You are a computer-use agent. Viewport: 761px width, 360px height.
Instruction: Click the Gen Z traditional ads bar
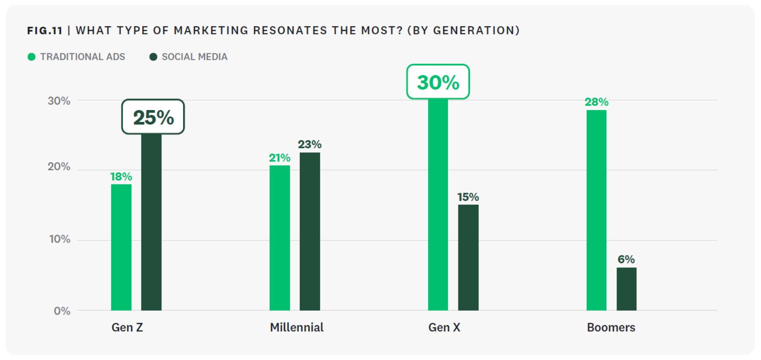point(121,247)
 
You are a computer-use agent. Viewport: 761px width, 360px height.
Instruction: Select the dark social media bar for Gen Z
point(151,222)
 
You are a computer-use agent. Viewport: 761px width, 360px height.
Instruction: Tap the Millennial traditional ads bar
point(279,238)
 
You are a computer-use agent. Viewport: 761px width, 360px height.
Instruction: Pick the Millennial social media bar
point(310,231)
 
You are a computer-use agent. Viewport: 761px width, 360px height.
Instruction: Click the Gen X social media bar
point(468,257)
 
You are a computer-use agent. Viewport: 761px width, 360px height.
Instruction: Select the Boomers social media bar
point(626,289)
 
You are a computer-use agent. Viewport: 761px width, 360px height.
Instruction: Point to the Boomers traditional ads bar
point(596,210)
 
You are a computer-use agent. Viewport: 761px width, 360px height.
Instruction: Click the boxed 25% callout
point(153,117)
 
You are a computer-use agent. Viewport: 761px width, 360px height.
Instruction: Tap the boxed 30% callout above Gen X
point(438,82)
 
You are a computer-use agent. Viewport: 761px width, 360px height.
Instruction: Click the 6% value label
point(626,259)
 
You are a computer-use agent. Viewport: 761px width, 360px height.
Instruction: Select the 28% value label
point(596,102)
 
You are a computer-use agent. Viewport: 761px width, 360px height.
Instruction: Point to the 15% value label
point(468,197)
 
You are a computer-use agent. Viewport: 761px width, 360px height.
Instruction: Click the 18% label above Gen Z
point(121,177)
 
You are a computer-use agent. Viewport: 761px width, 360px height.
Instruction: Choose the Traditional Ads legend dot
point(31,57)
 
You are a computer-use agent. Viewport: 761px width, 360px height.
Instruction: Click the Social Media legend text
point(194,57)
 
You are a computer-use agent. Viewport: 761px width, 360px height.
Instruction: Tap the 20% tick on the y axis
point(59,167)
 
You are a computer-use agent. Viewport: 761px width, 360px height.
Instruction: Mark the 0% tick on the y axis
point(62,311)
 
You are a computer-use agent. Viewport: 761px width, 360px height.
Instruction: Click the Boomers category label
point(611,328)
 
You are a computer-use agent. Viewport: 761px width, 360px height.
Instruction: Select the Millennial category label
point(297,328)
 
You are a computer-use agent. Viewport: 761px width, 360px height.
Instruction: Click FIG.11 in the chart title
point(45,31)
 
